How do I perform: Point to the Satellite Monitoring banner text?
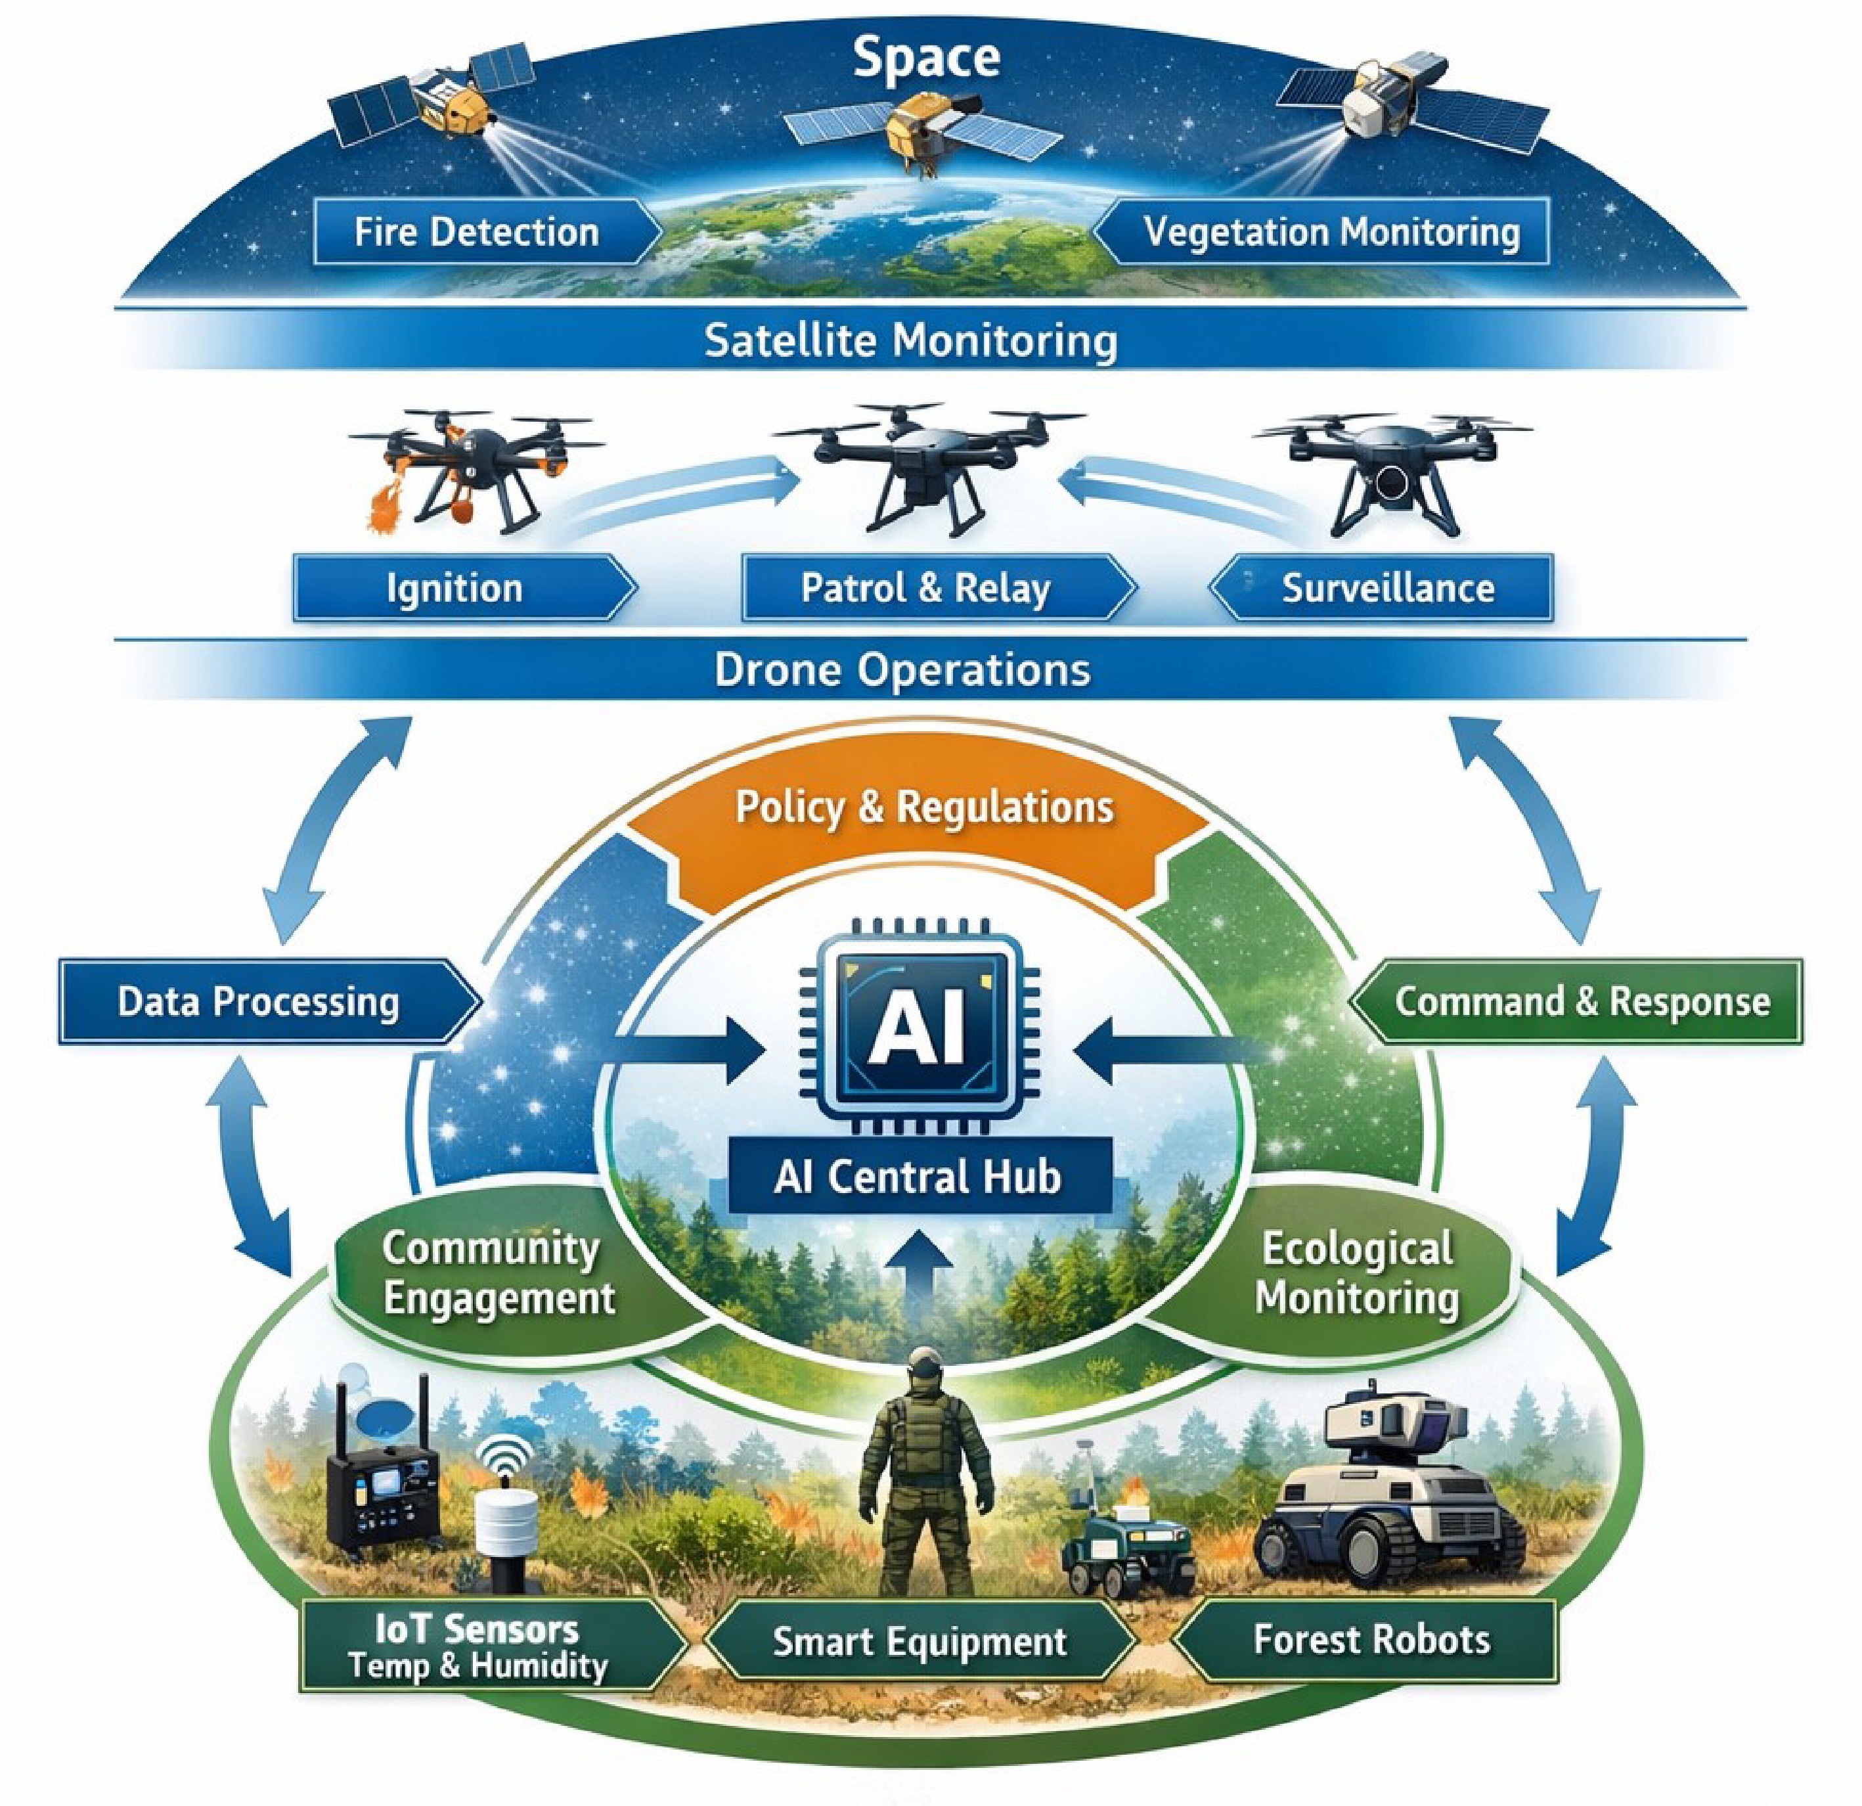pos(910,340)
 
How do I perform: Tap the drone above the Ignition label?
pos(475,466)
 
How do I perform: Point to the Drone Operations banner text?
pos(902,669)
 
